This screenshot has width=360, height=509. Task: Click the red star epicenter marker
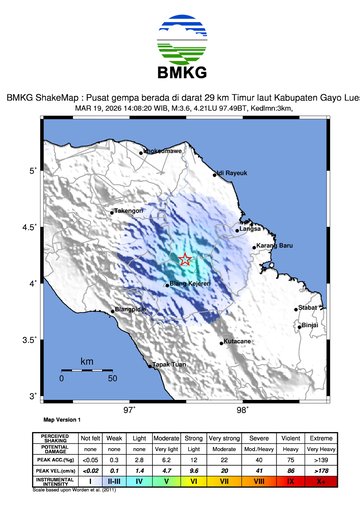[185, 260]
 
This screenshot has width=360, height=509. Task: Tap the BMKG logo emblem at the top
[180, 39]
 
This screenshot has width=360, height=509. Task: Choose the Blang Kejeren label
[188, 285]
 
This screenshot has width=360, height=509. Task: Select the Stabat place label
[309, 309]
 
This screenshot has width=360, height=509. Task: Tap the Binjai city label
[310, 325]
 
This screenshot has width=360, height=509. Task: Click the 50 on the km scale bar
[112, 379]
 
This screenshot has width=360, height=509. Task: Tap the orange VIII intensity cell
[260, 481]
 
